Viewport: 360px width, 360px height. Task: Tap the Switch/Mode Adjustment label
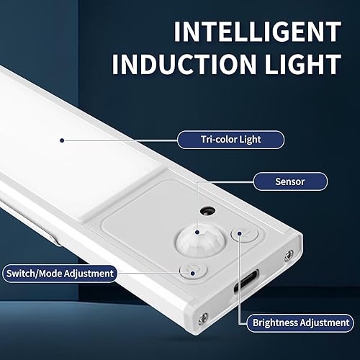coord(59,274)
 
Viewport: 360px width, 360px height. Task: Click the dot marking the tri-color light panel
coord(63,140)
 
